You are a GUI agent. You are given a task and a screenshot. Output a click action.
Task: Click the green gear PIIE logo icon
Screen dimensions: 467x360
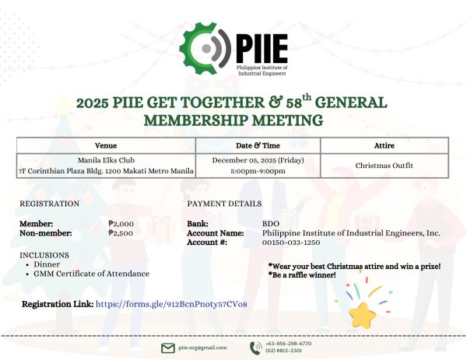pos(203,48)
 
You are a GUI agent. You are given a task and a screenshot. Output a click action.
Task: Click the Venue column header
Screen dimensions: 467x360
pos(106,145)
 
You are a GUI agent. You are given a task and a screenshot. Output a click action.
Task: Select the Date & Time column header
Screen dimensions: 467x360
pos(258,145)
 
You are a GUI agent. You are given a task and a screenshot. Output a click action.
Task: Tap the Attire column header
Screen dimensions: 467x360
pos(384,145)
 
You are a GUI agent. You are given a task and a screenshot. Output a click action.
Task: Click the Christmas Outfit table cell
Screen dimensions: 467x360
pos(384,166)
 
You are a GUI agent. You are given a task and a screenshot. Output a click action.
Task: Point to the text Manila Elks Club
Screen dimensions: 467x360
pos(106,160)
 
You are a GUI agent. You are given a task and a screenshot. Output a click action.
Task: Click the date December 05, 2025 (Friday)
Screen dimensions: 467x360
pos(258,160)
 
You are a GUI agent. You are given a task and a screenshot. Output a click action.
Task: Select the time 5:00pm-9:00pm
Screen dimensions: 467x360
pos(258,171)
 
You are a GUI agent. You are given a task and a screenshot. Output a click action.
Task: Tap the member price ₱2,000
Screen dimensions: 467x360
pos(122,223)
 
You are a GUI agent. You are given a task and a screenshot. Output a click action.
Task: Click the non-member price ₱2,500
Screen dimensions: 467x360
pos(122,232)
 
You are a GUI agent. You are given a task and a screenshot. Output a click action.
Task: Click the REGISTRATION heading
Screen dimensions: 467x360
pos(49,204)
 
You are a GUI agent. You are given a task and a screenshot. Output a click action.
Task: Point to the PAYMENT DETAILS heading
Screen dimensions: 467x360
pos(224,204)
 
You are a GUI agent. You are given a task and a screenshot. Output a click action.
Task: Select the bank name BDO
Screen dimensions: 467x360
pos(270,223)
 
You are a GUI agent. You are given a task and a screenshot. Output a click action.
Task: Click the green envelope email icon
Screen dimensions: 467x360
pos(167,348)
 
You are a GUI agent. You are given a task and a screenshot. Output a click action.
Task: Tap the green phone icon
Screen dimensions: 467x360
pos(256,348)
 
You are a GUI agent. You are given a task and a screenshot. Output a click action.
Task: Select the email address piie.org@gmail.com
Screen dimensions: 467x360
pos(202,348)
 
